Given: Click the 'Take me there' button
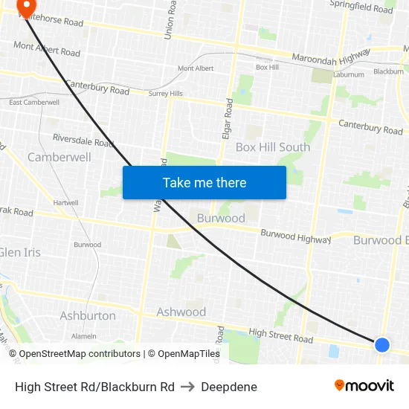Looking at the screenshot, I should pyautogui.click(x=204, y=182).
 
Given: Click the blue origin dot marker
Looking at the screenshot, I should pyautogui.click(x=382, y=344).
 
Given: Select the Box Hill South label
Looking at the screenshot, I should pyautogui.click(x=273, y=147).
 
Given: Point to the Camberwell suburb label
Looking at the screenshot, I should pyautogui.click(x=59, y=157).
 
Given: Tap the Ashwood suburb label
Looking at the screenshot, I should pyautogui.click(x=181, y=312).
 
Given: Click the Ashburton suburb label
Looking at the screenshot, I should pyautogui.click(x=88, y=316).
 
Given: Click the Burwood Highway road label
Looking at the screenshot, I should pyautogui.click(x=295, y=236).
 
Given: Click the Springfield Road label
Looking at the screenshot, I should pyautogui.click(x=362, y=7).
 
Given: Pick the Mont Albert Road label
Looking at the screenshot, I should pyautogui.click(x=46, y=49).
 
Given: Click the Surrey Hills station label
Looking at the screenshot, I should pyautogui.click(x=165, y=94).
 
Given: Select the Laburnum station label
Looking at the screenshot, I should pyautogui.click(x=349, y=74).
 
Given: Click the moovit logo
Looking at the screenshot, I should pyautogui.click(x=364, y=385).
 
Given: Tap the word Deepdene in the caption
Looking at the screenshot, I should pyautogui.click(x=229, y=387).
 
